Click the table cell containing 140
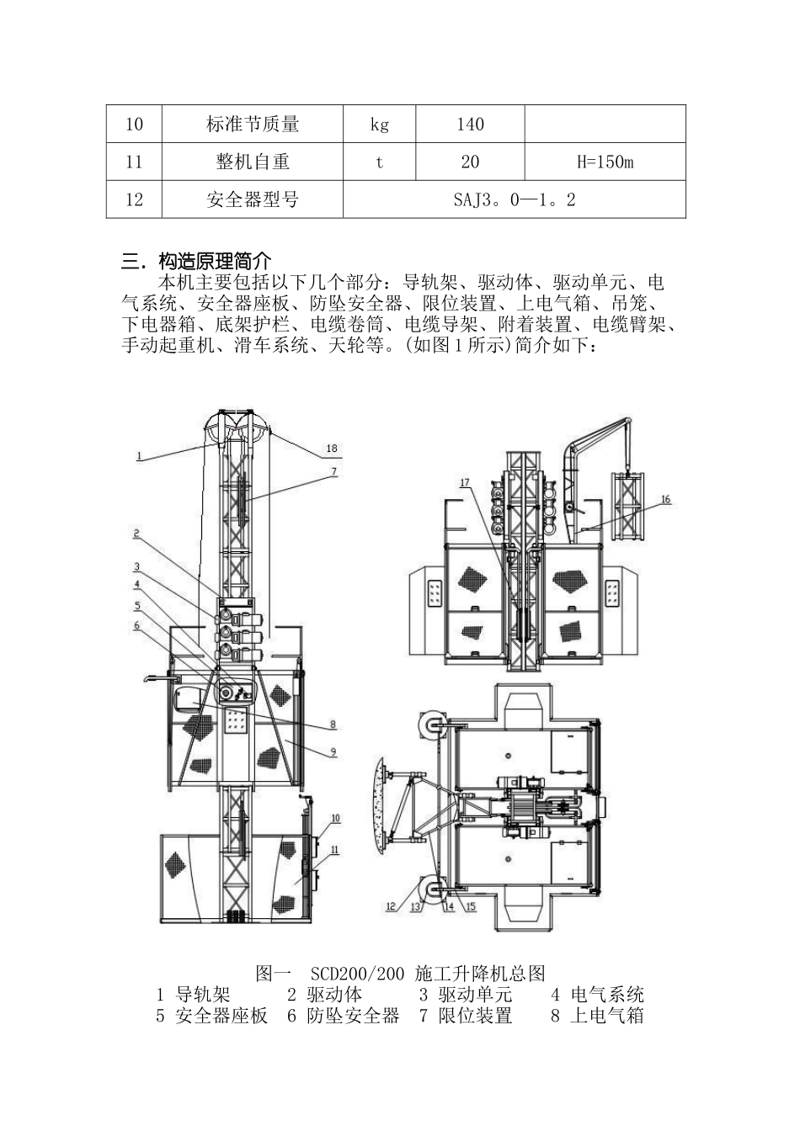(470, 125)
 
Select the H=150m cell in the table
(605, 162)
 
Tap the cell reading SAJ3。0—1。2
(515, 199)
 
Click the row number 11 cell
(134, 162)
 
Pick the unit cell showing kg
(379, 125)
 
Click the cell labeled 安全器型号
(252, 199)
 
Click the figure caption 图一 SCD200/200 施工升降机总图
(400, 974)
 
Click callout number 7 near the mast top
(333, 471)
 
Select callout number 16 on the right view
(665, 499)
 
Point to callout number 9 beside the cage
(333, 752)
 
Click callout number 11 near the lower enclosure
(334, 850)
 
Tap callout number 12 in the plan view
(390, 906)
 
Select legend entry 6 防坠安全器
(343, 1016)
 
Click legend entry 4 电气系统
(597, 995)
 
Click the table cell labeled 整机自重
(252, 162)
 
